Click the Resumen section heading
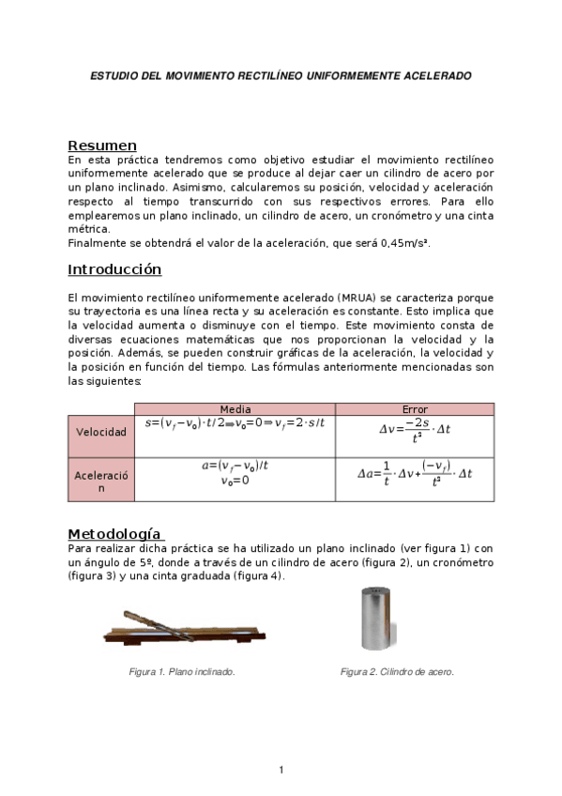(102, 145)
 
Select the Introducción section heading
(114, 269)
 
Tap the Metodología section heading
(114, 533)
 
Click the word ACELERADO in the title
(433, 73)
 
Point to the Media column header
(235, 409)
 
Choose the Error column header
(415, 409)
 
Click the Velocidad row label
(100, 432)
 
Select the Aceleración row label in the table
(100, 482)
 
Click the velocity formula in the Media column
(235, 423)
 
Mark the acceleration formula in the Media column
(235, 472)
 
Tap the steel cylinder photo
(381, 620)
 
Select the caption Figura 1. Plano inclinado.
(181, 672)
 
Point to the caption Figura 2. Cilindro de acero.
(397, 672)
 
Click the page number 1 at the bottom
(281, 771)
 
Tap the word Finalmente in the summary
(99, 243)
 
